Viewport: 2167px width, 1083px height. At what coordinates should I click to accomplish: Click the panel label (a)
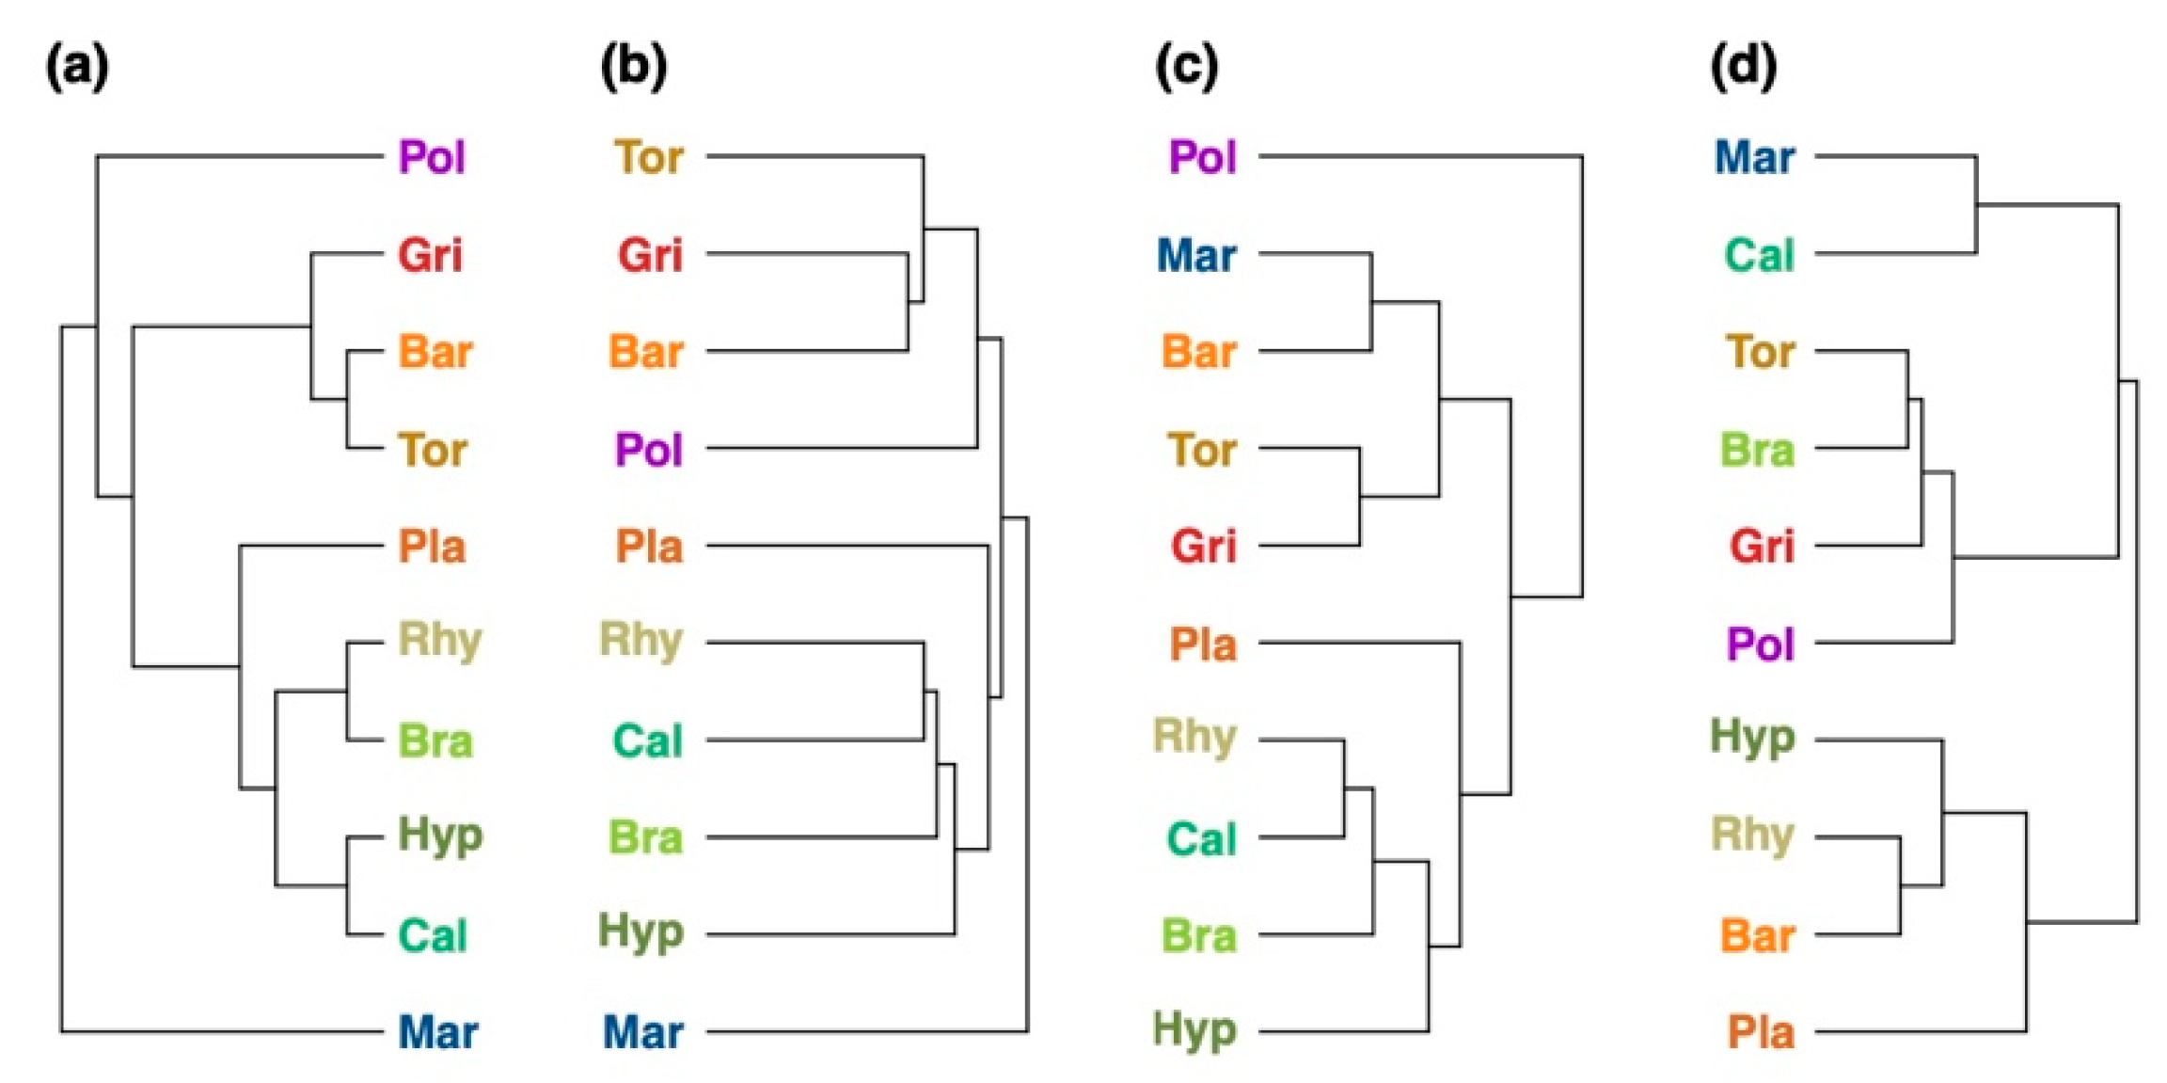point(77,67)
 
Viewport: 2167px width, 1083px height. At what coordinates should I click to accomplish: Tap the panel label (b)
point(633,67)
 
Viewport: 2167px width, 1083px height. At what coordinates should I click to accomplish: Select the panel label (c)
point(1186,67)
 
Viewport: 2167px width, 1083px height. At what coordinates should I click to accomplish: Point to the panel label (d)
point(1743,67)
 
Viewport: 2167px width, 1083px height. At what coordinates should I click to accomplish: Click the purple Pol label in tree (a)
point(432,157)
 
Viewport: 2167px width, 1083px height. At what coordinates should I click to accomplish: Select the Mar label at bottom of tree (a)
point(437,1032)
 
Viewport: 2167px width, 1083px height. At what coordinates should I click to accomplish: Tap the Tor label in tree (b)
point(649,157)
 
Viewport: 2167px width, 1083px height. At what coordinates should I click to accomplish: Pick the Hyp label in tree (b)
point(641,933)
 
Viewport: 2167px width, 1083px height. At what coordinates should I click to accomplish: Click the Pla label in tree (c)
point(1203,645)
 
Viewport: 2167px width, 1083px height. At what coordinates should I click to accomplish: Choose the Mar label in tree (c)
point(1196,255)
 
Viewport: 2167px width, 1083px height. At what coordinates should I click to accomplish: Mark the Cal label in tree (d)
point(1759,255)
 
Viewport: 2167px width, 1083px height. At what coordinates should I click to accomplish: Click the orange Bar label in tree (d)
point(1757,936)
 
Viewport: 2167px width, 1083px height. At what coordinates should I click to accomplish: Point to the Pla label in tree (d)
point(1761,1032)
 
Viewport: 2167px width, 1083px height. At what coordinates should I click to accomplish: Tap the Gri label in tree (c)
point(1203,546)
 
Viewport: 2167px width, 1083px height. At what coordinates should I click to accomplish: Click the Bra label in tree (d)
point(1757,450)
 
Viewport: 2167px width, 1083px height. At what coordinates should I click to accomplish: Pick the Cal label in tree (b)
point(647,741)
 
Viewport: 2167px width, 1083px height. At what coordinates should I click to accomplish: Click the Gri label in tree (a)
point(431,255)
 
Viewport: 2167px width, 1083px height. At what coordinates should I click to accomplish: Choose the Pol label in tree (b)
point(648,450)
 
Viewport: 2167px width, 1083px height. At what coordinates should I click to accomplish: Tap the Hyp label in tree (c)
point(1194,1030)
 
